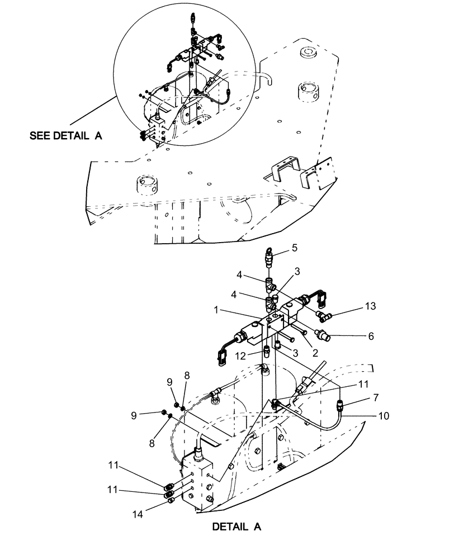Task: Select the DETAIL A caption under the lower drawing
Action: click(x=237, y=526)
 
